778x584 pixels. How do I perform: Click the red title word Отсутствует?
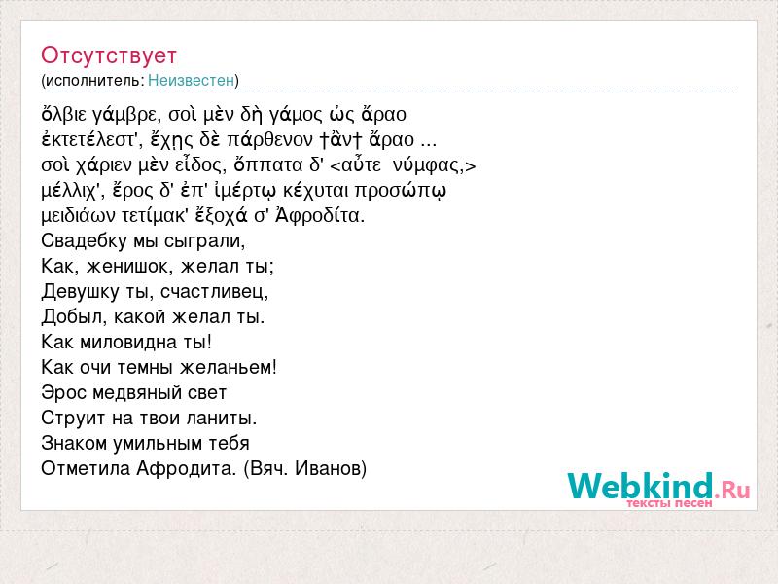click(109, 55)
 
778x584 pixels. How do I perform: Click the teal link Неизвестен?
click(191, 80)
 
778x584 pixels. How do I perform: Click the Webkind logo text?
click(640, 486)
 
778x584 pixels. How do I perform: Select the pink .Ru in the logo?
click(732, 490)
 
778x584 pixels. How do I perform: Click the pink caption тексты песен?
click(669, 503)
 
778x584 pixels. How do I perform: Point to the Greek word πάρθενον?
click(270, 140)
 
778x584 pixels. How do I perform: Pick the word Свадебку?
click(84, 240)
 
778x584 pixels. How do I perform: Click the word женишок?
click(127, 266)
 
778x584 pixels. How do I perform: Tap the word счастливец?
click(214, 291)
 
